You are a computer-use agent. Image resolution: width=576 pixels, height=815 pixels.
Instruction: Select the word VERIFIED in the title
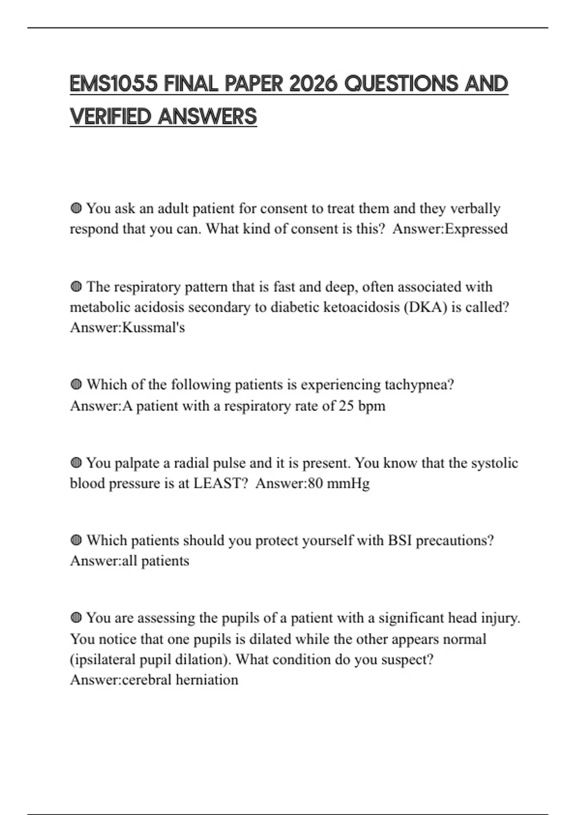point(110,116)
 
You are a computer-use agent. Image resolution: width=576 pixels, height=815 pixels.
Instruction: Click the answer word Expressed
point(476,229)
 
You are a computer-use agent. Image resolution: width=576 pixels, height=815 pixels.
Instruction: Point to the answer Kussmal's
point(154,327)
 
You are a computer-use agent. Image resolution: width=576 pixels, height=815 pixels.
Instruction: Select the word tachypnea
point(420,385)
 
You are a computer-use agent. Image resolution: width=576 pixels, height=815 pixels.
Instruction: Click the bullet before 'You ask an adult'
point(76,209)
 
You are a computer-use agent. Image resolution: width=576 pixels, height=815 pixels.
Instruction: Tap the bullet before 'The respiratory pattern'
point(76,287)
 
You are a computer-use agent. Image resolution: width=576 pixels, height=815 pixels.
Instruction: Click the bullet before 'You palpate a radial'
point(76,463)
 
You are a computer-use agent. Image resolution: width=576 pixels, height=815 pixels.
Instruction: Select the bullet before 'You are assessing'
point(76,618)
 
